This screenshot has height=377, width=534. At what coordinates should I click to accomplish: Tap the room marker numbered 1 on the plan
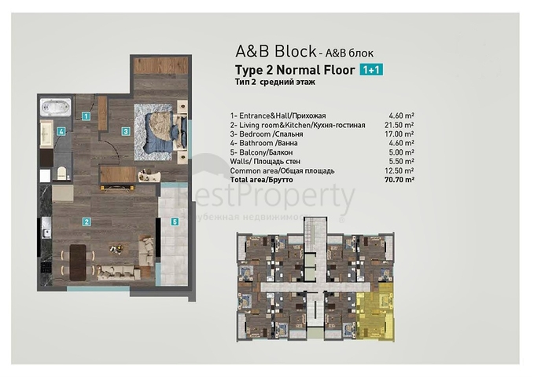coord(86,115)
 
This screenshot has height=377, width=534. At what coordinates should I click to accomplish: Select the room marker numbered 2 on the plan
coord(86,221)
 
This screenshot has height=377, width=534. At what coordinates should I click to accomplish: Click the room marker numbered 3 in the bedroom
coord(125,131)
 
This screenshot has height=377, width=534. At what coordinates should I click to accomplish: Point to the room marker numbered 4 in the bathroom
coord(61,132)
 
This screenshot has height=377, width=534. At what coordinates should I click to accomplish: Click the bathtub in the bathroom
coord(56,105)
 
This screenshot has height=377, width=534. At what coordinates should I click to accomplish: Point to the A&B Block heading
coord(275,51)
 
